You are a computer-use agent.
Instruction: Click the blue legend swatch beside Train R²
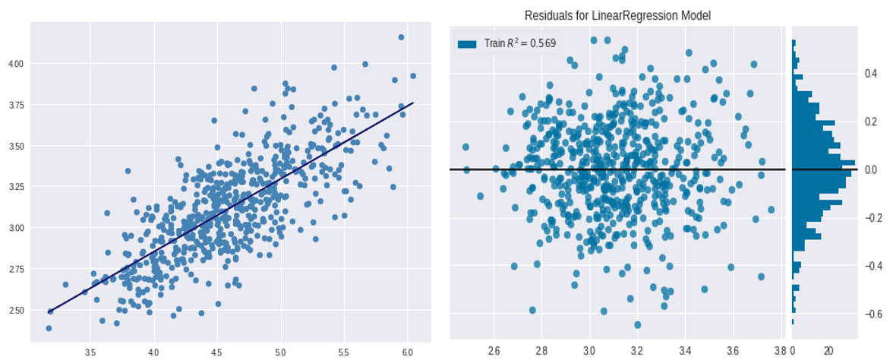(x=467, y=44)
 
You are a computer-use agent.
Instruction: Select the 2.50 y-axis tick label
(x=16, y=310)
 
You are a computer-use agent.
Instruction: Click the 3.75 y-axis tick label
(x=16, y=105)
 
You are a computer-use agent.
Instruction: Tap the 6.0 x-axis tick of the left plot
(x=407, y=352)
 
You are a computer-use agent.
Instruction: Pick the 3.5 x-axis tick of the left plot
(x=90, y=352)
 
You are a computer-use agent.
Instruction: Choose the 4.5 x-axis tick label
(x=217, y=352)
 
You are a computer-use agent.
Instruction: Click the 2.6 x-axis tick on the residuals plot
(x=494, y=351)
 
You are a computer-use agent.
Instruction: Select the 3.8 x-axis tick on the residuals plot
(x=779, y=351)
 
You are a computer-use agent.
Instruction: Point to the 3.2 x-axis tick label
(x=636, y=351)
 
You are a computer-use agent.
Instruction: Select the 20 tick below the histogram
(x=828, y=351)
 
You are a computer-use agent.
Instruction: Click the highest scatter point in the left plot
(x=401, y=37)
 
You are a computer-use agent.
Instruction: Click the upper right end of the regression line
(x=412, y=103)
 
